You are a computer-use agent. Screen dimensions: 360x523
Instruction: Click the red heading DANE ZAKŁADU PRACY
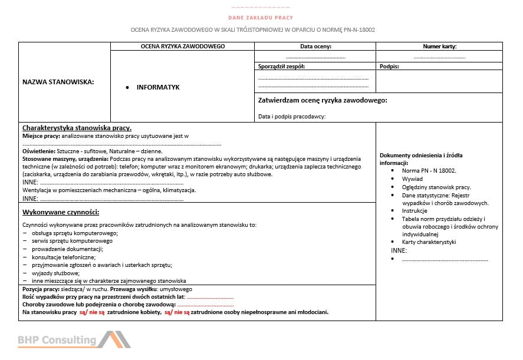pos(260,18)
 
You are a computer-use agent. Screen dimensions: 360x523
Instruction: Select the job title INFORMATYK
pos(158,87)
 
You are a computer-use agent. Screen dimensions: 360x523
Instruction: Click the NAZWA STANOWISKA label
pos(58,82)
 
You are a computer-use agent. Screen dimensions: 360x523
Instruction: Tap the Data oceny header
pos(315,46)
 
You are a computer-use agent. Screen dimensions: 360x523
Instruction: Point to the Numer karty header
pos(439,46)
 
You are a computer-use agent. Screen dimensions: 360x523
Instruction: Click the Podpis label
pos(390,67)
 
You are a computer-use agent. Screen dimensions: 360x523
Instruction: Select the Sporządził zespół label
pos(281,67)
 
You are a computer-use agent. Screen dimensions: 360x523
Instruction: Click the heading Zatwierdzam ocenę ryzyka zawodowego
pos(323,101)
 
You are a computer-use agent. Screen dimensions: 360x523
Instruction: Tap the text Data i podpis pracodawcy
pos(292,116)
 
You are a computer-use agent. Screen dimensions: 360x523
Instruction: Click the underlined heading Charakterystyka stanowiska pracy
pos(77,128)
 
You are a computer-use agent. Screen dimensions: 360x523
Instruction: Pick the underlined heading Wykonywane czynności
pos(60,212)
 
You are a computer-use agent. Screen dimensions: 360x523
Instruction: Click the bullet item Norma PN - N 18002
pos(429,171)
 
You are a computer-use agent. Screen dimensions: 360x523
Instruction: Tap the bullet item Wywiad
pos(412,179)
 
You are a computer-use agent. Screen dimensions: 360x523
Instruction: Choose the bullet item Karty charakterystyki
pos(429,242)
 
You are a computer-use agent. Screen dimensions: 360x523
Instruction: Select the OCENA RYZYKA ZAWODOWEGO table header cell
pos(183,46)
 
